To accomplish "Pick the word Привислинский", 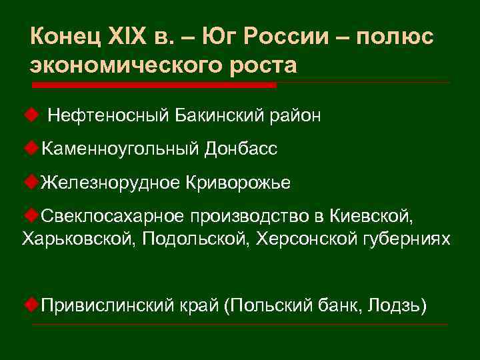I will pos(107,305).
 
